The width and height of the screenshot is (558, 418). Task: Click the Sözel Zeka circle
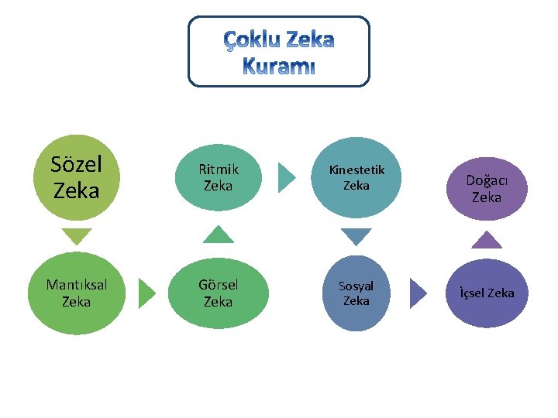76,176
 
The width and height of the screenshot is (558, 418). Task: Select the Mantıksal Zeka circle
76,293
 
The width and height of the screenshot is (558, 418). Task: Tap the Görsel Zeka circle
217,293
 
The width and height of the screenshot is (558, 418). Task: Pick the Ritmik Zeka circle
218,176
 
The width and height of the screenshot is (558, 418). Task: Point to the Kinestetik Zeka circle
356,176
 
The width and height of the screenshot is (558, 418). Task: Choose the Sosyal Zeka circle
356,293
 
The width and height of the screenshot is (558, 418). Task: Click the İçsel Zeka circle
486,293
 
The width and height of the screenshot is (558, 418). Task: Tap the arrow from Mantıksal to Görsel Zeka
146,293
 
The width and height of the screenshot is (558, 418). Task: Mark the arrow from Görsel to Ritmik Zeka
218,235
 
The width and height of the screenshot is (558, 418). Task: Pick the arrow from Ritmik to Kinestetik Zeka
286,176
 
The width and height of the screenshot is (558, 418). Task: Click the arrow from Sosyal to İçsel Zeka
418,293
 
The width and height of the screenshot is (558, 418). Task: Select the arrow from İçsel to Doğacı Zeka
486,239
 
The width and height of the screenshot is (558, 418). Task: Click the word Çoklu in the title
250,39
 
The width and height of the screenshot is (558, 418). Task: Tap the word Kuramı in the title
279,67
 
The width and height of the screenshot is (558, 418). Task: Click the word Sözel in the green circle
76,164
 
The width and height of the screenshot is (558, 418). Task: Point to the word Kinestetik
356,170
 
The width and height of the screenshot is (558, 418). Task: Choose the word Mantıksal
76,284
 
